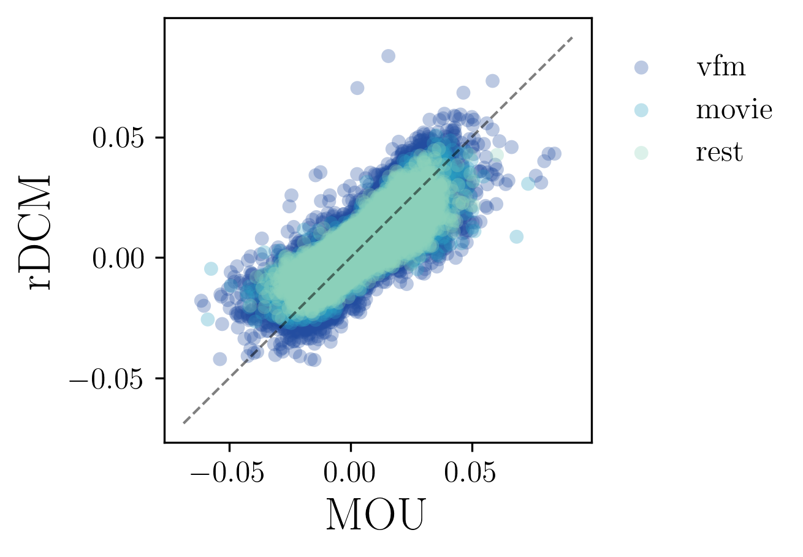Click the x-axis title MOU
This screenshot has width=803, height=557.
coord(375,515)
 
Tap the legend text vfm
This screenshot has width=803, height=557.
coord(720,67)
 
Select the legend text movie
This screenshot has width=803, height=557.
coord(734,110)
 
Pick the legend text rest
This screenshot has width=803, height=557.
coord(718,153)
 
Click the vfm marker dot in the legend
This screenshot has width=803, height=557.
coord(641,67)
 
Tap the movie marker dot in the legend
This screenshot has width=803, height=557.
coord(641,110)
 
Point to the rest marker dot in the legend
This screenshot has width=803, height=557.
coord(641,153)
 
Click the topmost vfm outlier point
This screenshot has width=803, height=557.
coord(388,56)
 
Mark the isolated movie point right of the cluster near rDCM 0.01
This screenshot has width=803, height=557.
coord(517,237)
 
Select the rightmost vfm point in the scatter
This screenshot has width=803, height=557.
coord(554,153)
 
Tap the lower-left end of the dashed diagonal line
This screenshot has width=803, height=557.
coord(183,423)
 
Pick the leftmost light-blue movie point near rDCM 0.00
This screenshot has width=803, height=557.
coord(211,268)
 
